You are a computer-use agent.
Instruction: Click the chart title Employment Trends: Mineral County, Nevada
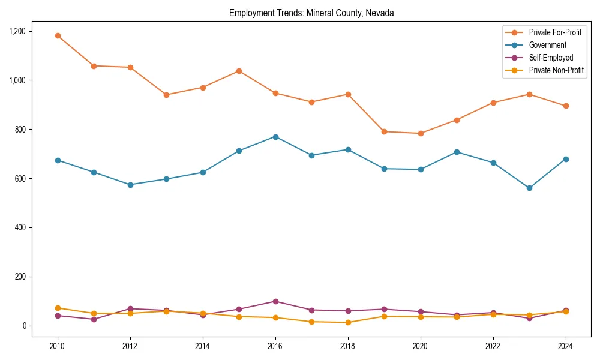tap(311, 13)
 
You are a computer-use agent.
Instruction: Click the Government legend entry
tap(547, 45)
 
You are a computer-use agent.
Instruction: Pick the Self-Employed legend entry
tap(551, 58)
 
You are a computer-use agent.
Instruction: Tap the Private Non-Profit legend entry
tap(556, 70)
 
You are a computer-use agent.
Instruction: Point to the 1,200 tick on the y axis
tap(16, 31)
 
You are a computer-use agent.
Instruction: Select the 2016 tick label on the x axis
tap(275, 346)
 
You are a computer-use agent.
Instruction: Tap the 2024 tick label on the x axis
tap(566, 346)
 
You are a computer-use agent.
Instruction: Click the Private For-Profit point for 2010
tap(58, 36)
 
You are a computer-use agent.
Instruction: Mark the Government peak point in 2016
tap(275, 137)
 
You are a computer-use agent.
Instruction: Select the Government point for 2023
tap(529, 188)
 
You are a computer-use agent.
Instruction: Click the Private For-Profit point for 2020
tap(421, 133)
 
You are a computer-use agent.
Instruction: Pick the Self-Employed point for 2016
tap(275, 301)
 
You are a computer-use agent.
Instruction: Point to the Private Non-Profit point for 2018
tap(348, 323)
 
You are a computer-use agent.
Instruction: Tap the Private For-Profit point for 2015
tap(239, 71)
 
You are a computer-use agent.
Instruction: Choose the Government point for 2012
tap(130, 185)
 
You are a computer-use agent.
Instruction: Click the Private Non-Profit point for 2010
tap(58, 308)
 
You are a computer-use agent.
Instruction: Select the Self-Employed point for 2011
tap(94, 319)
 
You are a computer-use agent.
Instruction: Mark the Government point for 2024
tap(566, 159)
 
